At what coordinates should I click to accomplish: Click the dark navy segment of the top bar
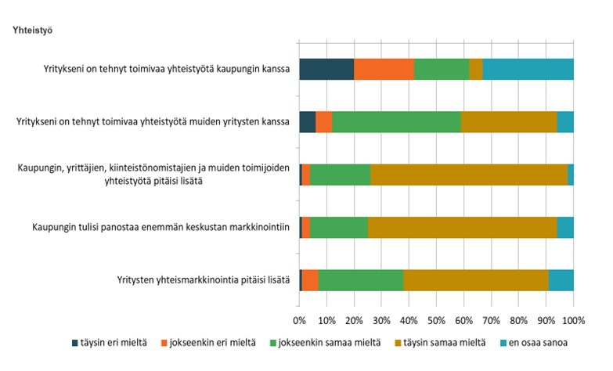click(x=326, y=69)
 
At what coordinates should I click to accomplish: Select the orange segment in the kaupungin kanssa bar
click(x=384, y=69)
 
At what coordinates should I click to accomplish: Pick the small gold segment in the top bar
click(x=475, y=69)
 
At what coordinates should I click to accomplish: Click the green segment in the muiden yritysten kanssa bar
click(x=396, y=121)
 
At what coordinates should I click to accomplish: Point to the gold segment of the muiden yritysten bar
click(x=509, y=121)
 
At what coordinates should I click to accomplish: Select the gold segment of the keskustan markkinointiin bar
click(x=462, y=227)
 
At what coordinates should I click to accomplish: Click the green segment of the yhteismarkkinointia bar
click(x=360, y=279)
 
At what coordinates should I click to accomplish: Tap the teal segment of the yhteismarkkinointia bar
click(x=561, y=279)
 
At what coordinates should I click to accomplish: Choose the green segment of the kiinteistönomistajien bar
click(x=340, y=174)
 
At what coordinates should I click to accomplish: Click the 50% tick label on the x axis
click(x=436, y=320)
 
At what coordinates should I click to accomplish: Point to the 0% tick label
click(x=299, y=320)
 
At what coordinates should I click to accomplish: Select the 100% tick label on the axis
click(x=573, y=320)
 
